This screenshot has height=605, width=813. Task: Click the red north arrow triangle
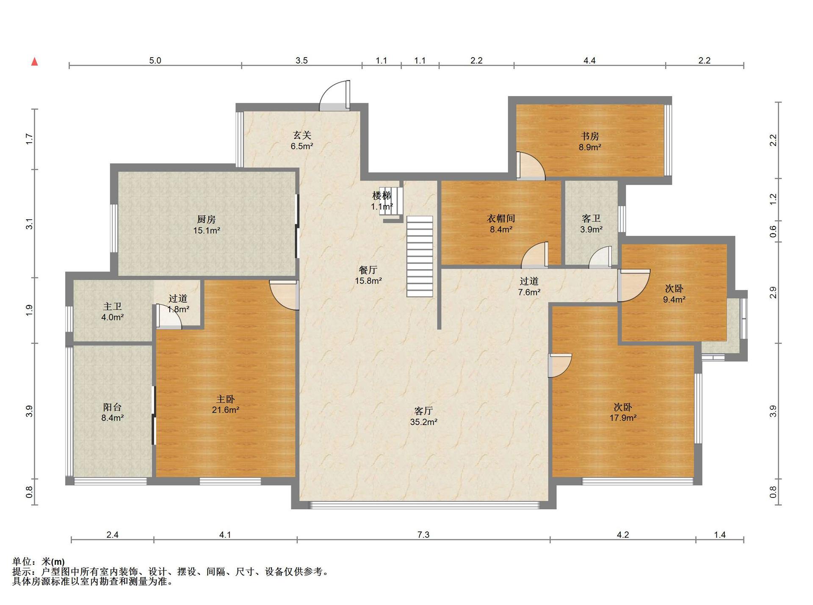pos(35,62)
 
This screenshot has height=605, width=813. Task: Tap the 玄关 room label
pos(302,135)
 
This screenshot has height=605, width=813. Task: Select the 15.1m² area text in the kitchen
pos(207,231)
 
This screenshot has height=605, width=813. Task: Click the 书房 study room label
pos(590,136)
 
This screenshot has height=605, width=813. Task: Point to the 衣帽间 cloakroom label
pos(501,218)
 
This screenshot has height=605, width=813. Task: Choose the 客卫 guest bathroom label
pos(591,218)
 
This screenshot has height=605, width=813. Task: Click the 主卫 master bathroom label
pos(112,306)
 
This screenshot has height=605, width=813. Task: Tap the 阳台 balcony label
pos(112,407)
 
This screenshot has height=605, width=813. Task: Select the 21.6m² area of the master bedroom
pos(226,410)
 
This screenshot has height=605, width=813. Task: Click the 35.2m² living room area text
pos(423,422)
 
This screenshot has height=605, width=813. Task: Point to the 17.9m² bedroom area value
pos(623,418)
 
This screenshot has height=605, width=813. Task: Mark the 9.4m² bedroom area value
pos(674,300)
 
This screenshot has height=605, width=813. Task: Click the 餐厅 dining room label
pos(368,270)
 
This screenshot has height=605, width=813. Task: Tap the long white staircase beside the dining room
pos(420,256)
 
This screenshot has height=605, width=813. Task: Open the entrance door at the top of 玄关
pos(335,96)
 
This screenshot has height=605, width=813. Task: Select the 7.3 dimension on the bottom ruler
pos(423,535)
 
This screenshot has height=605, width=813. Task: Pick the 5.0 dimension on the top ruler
pos(155,61)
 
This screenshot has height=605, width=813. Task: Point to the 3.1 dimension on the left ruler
pos(29,224)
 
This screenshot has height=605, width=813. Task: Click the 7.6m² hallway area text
pos(529,292)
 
